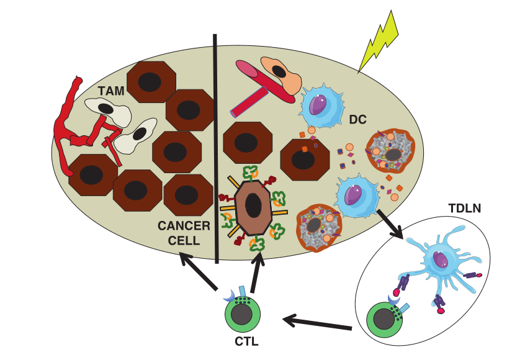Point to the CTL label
pos(246,341)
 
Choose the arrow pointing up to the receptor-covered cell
pos(258,268)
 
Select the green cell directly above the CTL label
pos(242,314)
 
